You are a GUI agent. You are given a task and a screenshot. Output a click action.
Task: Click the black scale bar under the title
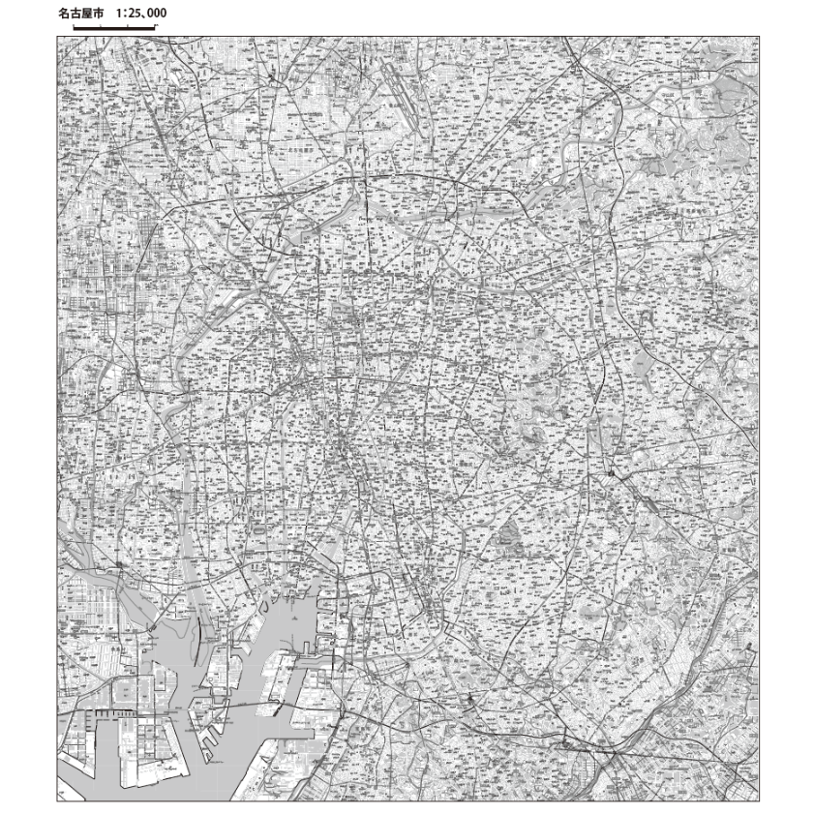(x=114, y=28)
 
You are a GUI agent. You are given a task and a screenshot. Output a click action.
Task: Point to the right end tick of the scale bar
(x=155, y=27)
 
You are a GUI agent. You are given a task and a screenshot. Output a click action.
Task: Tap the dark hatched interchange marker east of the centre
(x=611, y=473)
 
